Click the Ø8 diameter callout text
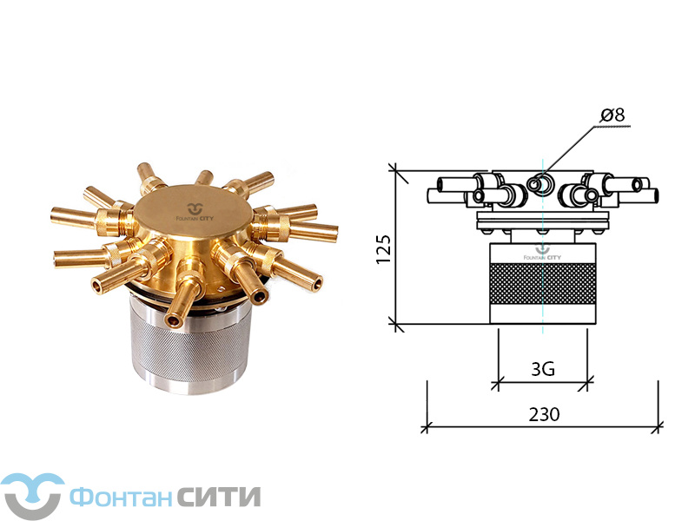pyautogui.click(x=612, y=115)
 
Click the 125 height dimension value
pyautogui.click(x=384, y=249)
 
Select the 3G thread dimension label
pyautogui.click(x=543, y=368)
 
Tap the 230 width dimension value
pyautogui.click(x=545, y=414)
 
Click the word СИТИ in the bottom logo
pyautogui.click(x=220, y=497)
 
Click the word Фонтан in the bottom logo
pyautogui.click(x=121, y=498)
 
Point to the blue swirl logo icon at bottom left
pyautogui.click(x=32, y=496)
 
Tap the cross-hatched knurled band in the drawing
pyautogui.click(x=543, y=284)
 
